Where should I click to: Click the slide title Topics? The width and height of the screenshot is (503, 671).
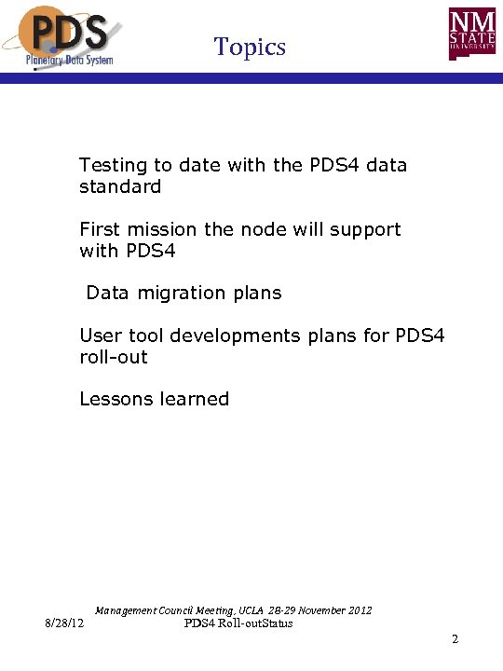pos(250,46)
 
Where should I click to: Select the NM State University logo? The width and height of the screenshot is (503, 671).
pos(473,36)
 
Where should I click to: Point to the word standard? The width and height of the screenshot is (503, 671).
pos(120,186)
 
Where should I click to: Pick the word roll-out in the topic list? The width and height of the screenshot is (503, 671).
pos(113,357)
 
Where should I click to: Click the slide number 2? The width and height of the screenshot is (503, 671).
pos(455,639)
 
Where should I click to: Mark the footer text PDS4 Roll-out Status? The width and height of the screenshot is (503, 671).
pos(238,623)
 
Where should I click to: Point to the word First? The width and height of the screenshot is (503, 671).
pos(99,229)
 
